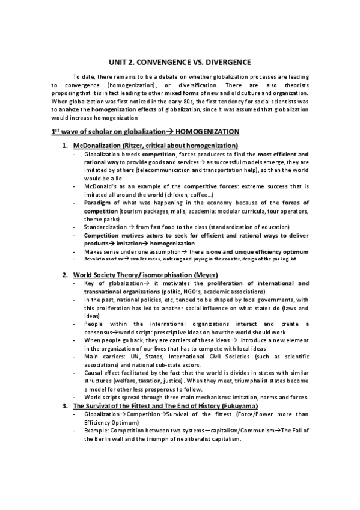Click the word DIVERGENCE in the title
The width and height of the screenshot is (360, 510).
click(x=222, y=62)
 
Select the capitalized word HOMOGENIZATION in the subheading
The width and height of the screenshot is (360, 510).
click(x=207, y=131)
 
